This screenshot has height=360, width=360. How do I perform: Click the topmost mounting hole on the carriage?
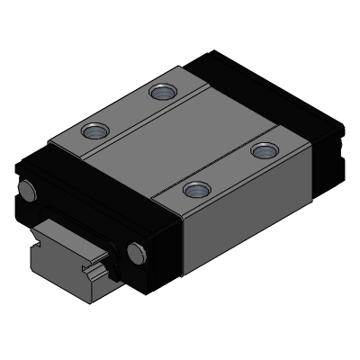click(x=163, y=91)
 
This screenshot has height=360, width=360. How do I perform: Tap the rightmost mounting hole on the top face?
click(x=262, y=149)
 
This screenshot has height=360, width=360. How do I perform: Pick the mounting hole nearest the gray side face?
click(x=194, y=189)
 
